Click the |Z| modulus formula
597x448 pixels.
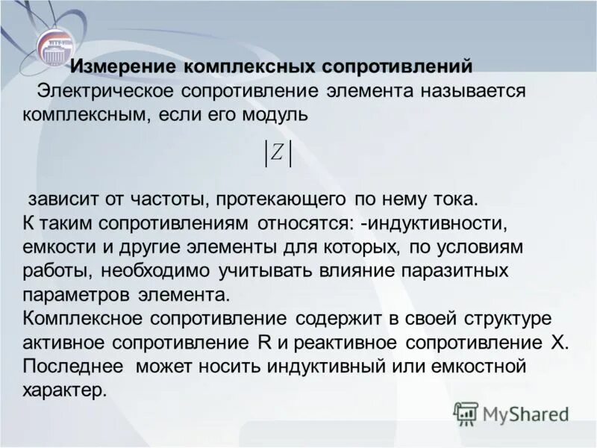tap(278, 153)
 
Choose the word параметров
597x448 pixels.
tap(74, 293)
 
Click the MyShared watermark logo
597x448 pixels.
tap(510, 413)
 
